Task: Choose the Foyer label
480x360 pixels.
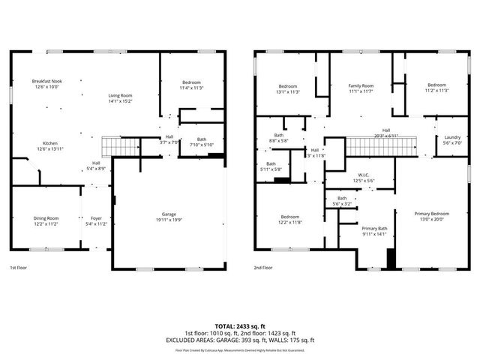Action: click(95, 220)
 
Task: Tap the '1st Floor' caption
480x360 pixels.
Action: click(19, 268)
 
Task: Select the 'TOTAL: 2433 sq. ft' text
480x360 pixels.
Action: click(240, 326)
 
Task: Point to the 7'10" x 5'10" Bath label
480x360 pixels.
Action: click(201, 142)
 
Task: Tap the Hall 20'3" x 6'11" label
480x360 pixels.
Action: click(385, 133)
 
